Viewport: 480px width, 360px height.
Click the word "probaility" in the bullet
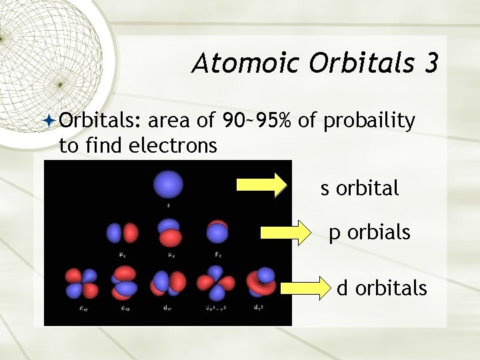(x=369, y=121)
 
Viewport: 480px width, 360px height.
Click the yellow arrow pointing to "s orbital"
(x=260, y=186)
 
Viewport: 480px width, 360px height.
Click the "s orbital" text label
(x=360, y=189)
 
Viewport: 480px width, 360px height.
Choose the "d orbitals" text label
(x=381, y=288)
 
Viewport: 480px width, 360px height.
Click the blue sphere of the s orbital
(x=168, y=183)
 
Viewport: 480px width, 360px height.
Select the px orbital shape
(x=122, y=233)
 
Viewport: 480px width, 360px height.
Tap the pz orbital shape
(x=217, y=232)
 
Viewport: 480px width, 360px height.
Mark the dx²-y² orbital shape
(x=215, y=283)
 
